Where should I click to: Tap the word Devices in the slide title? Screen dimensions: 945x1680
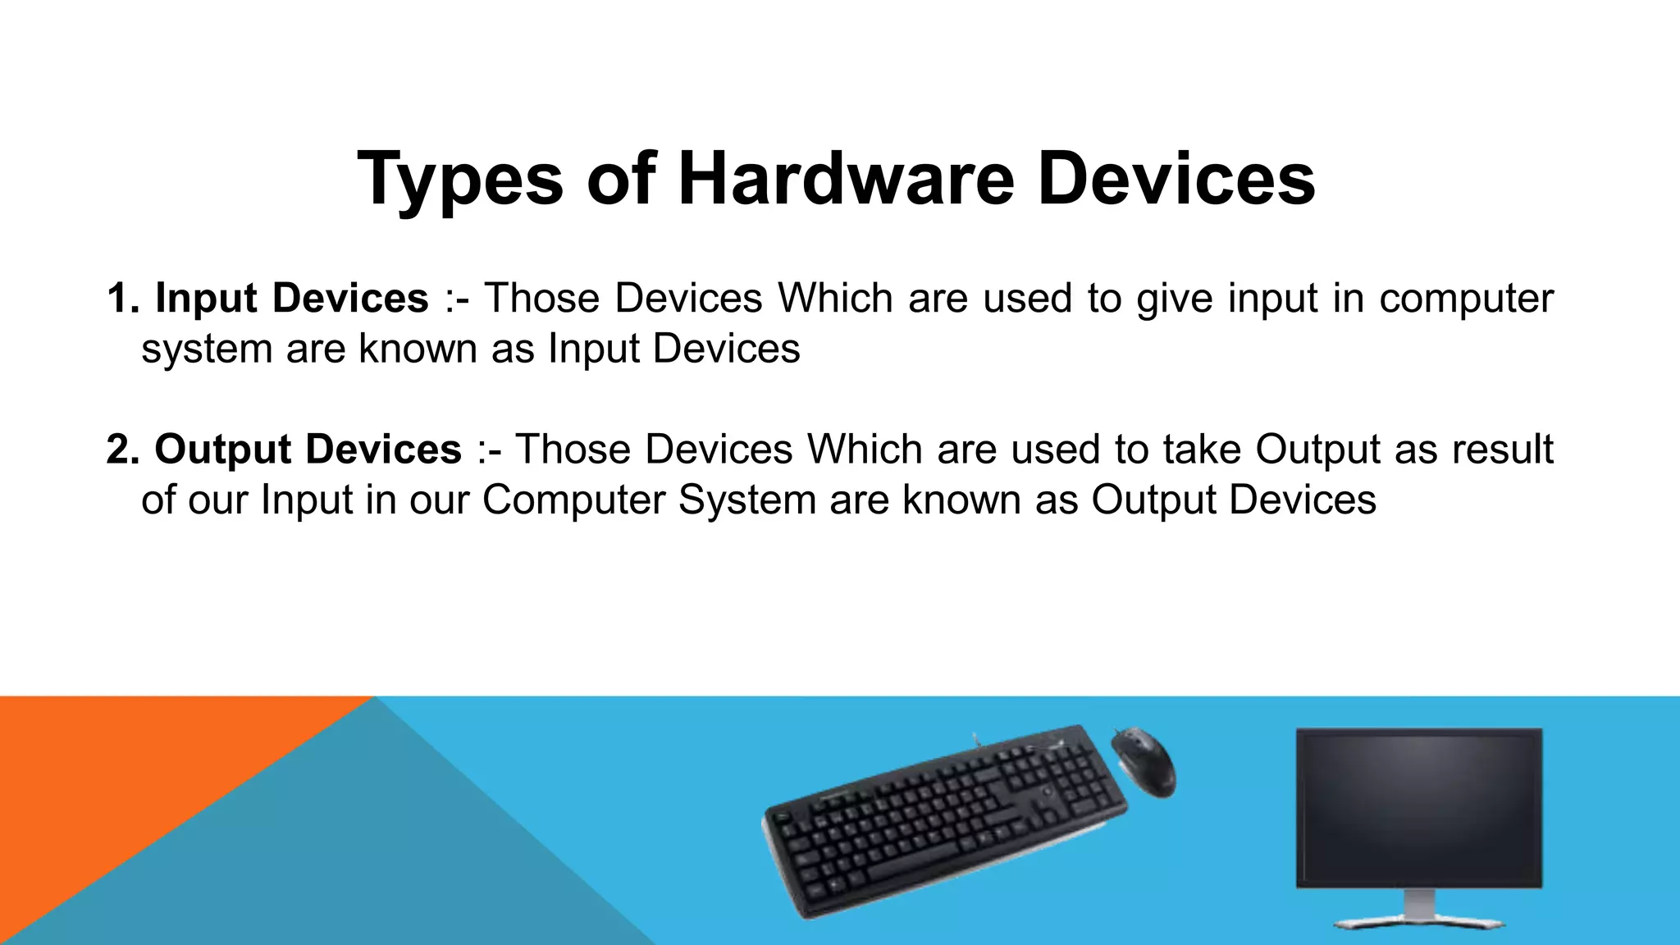[x=1176, y=178]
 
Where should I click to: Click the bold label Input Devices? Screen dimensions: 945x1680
[x=292, y=298]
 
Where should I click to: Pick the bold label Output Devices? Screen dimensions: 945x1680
[x=308, y=450]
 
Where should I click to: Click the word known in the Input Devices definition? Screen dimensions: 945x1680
[x=418, y=349]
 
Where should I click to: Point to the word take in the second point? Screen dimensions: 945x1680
[x=1202, y=450]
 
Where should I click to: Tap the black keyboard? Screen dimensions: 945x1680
[x=943, y=820]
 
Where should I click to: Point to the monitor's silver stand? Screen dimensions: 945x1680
[x=1419, y=911]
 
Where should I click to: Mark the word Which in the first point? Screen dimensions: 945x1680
[x=835, y=298]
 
